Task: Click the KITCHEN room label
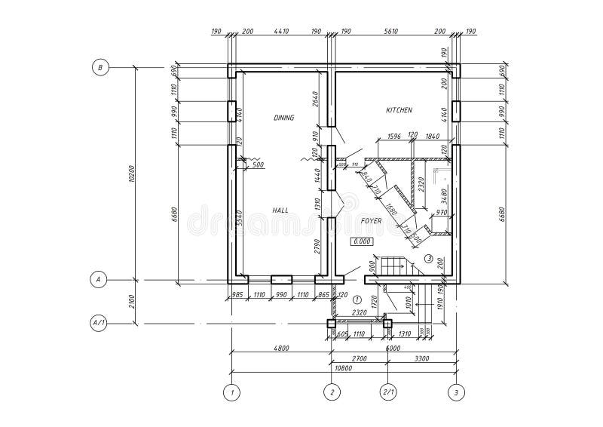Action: pyautogui.click(x=399, y=110)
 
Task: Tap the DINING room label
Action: pyautogui.click(x=283, y=118)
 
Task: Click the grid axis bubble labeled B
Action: pyautogui.click(x=99, y=67)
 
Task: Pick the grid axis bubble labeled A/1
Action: pyautogui.click(x=99, y=323)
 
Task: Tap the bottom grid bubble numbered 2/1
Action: pyautogui.click(x=388, y=392)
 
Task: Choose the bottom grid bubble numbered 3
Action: pyautogui.click(x=455, y=392)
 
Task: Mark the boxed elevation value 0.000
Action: pyautogui.click(x=362, y=241)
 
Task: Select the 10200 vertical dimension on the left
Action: pyautogui.click(x=133, y=174)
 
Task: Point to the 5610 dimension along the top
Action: pyautogui.click(x=390, y=32)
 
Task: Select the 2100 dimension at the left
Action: pyautogui.click(x=133, y=302)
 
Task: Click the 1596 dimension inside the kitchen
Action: pyautogui.click(x=393, y=136)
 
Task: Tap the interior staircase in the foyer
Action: pyautogui.click(x=393, y=266)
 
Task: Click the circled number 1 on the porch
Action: pyautogui.click(x=357, y=300)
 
